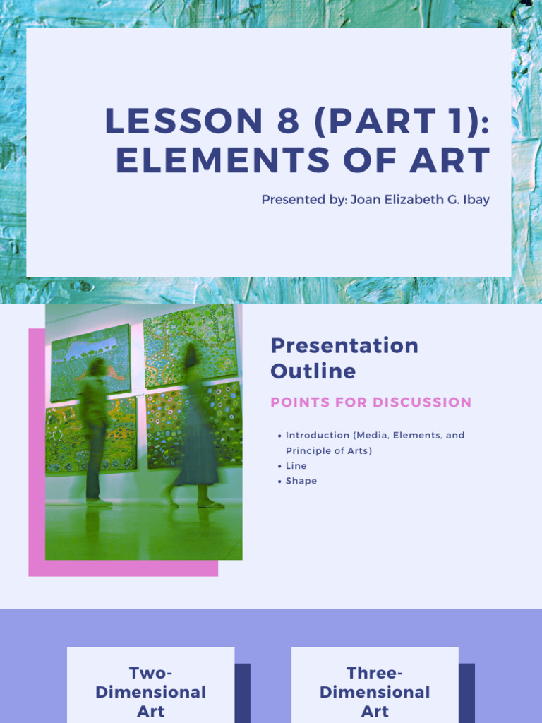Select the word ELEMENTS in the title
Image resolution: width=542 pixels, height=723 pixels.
click(223, 161)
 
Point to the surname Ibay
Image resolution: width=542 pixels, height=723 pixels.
click(476, 200)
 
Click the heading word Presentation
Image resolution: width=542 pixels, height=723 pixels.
click(344, 345)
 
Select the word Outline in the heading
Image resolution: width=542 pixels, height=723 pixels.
click(313, 371)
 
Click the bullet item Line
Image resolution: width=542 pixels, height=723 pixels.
click(296, 466)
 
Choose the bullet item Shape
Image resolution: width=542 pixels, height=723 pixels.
click(301, 481)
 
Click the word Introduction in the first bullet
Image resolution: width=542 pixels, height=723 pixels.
click(317, 436)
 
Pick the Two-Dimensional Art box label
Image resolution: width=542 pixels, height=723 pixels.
click(150, 692)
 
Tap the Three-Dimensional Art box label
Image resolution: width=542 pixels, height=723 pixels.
click(375, 692)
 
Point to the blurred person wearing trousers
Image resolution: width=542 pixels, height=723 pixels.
click(95, 431)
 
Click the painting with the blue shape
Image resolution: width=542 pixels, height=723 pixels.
click(90, 361)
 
